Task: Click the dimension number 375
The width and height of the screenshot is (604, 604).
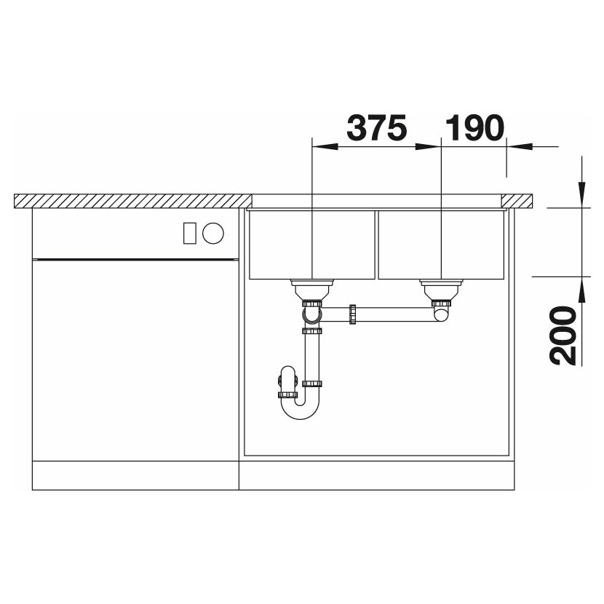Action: tap(377, 127)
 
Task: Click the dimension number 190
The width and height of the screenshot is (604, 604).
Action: tap(474, 127)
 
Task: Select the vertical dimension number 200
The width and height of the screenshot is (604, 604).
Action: tap(563, 335)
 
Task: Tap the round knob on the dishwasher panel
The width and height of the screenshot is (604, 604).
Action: tap(213, 233)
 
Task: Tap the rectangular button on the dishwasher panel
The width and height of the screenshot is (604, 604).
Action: tap(190, 233)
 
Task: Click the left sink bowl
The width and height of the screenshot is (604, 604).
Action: tap(312, 245)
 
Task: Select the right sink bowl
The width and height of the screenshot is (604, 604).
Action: tap(442, 245)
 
